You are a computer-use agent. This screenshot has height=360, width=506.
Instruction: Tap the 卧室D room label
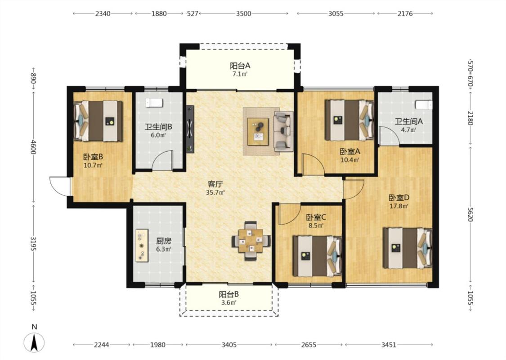(399, 198)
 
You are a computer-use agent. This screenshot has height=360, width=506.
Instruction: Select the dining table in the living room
(251, 241)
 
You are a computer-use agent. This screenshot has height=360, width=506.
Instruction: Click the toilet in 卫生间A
(423, 105)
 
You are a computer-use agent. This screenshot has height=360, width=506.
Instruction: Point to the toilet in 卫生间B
(154, 103)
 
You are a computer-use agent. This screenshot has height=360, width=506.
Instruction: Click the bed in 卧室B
(99, 121)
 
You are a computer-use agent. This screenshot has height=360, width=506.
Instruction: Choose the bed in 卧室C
(317, 256)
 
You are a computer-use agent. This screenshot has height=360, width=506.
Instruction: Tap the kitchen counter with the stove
(142, 246)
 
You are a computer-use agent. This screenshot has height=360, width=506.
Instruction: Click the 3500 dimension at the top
(244, 13)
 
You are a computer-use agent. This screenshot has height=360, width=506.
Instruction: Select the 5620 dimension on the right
(470, 214)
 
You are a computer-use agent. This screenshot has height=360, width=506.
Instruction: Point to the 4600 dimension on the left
(33, 146)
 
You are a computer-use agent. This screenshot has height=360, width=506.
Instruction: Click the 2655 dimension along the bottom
(309, 345)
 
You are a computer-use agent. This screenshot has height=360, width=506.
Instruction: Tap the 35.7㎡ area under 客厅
(215, 193)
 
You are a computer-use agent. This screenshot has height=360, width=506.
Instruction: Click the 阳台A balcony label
(240, 66)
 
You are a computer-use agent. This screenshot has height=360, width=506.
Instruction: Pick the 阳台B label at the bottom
(229, 294)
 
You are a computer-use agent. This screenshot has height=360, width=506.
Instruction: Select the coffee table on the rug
(258, 132)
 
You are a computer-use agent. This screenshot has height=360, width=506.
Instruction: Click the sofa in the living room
(283, 131)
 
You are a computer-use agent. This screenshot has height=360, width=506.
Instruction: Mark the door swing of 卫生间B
(163, 160)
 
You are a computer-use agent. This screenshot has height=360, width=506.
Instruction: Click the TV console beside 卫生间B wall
(190, 129)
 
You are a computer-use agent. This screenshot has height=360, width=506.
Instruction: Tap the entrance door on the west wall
(60, 186)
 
